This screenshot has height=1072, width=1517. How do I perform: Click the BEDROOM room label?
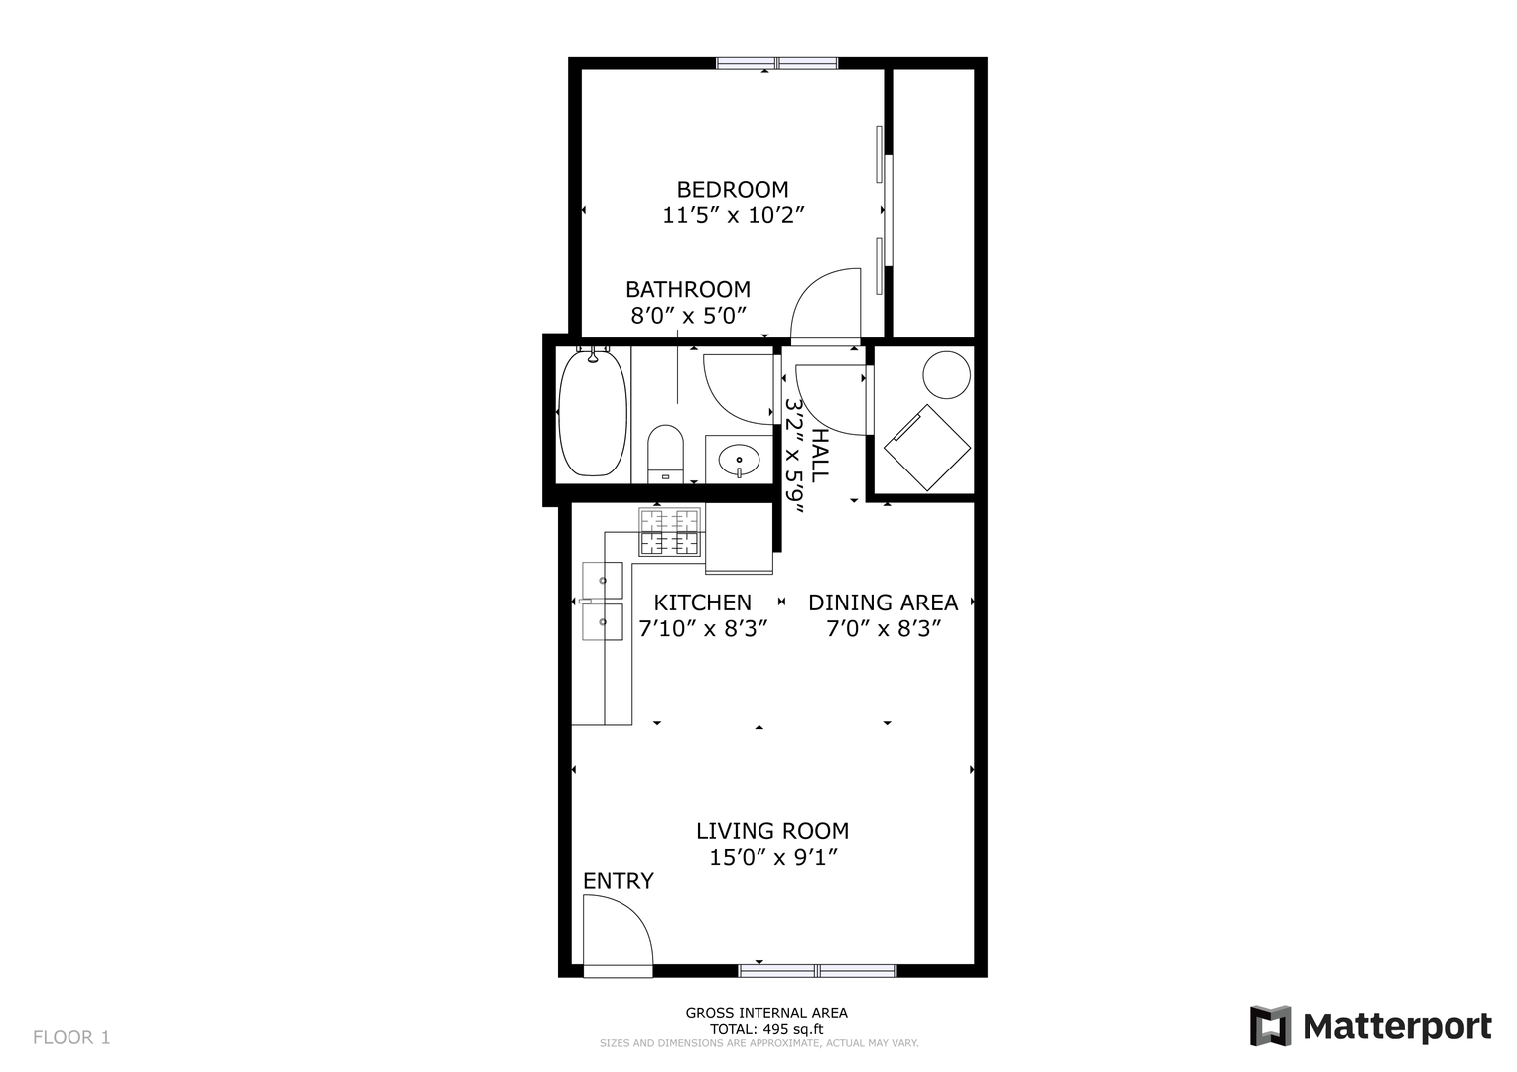[733, 189]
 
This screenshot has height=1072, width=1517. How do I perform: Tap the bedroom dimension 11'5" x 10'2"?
[734, 215]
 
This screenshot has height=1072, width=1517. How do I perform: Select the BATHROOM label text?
[688, 289]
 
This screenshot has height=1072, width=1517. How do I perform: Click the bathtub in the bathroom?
[593, 412]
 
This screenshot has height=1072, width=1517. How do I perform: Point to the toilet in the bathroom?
[666, 454]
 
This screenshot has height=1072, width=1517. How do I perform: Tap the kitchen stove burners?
[670, 532]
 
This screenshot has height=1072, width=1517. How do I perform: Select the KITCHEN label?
[702, 603]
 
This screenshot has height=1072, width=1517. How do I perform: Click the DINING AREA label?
[884, 603]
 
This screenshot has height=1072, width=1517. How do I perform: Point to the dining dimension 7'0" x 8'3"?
[884, 629]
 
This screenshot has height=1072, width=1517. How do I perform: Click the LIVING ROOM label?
[772, 830]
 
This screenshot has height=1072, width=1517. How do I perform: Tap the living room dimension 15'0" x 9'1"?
[773, 858]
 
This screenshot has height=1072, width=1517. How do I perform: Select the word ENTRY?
[619, 881]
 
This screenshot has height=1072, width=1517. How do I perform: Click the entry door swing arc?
[632, 914]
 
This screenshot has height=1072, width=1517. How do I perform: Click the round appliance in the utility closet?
[947, 374]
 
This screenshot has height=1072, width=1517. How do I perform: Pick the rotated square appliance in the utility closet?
[927, 448]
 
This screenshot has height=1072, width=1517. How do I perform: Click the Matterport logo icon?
[1270, 1026]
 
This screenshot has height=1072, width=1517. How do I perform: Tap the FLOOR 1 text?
[71, 1037]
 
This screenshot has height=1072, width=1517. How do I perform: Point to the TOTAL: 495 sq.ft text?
[766, 1029]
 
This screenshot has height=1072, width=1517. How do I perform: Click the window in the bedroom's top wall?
[777, 63]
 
